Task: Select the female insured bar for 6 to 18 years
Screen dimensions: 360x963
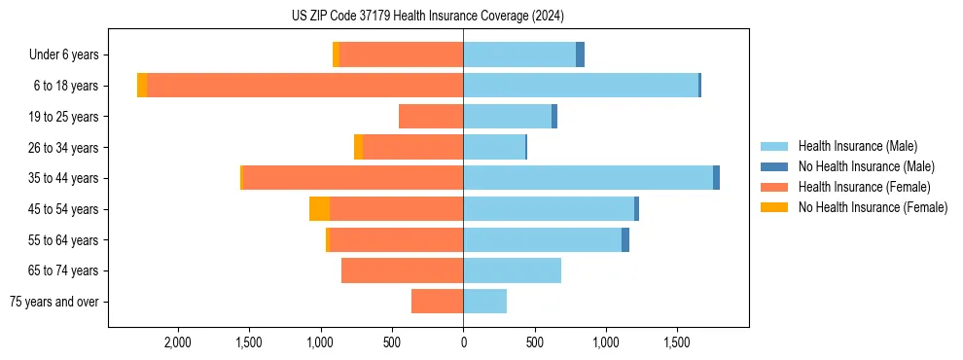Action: coord(304,86)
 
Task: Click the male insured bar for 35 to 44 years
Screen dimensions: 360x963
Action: coord(588,178)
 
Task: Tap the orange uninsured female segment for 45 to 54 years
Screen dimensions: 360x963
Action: coord(319,209)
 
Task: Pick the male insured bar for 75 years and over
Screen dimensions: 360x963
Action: coord(484,302)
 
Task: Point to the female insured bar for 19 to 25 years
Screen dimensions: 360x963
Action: coord(431,117)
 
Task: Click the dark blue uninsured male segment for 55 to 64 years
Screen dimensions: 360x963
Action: coord(625,240)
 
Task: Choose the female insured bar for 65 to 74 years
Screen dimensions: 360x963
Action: coord(402,270)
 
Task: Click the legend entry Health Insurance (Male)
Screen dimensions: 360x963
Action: coord(857,146)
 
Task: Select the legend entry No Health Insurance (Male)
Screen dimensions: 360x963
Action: coord(866,166)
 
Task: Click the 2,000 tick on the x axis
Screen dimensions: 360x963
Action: coord(178,342)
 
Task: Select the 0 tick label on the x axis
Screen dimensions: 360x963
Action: coord(463,342)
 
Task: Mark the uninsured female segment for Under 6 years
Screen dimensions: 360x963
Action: coord(336,55)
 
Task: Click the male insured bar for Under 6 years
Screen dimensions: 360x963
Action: coord(519,55)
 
